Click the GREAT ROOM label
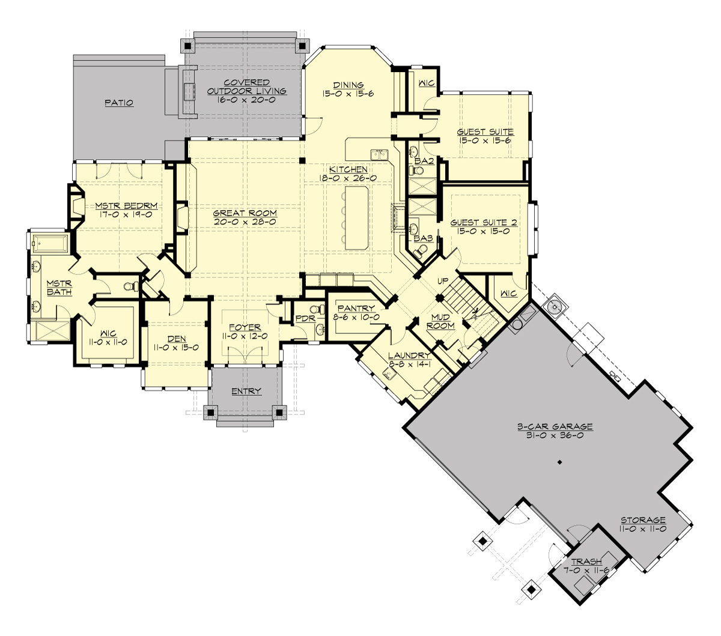point(245,213)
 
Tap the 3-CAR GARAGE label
point(555,427)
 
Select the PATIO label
point(118,103)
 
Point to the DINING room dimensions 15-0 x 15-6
point(348,94)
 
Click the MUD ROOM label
point(441,321)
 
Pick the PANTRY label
point(356,309)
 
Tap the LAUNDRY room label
point(409,356)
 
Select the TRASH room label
point(586,562)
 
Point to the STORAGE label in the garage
point(643,520)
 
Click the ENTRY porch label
point(246,392)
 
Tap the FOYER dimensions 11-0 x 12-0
point(245,336)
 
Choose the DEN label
point(176,339)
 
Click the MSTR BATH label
point(59,288)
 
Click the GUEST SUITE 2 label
point(484,223)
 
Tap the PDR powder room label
point(305,318)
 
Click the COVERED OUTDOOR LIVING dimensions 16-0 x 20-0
point(246,100)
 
